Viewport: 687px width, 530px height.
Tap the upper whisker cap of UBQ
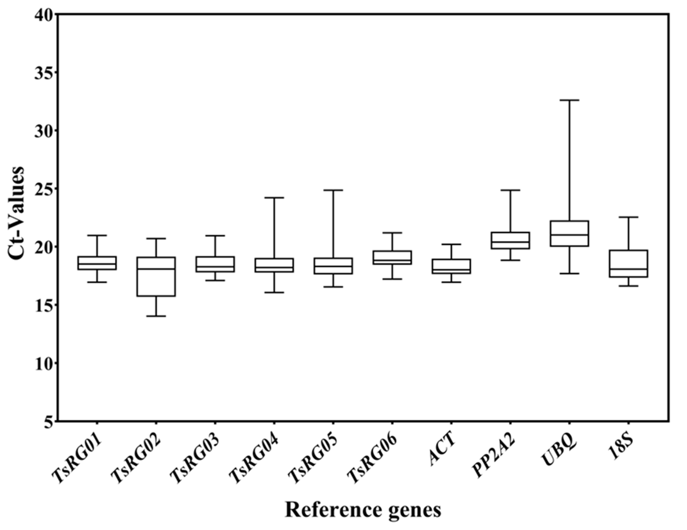[x=570, y=100]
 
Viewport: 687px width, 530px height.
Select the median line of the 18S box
[x=629, y=269]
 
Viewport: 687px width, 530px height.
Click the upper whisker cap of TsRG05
[x=333, y=190]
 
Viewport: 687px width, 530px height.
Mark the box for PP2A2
[x=510, y=241]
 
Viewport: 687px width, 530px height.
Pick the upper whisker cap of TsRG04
[x=274, y=198]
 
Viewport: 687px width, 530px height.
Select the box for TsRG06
[x=392, y=257]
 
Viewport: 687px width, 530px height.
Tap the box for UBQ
[x=570, y=233]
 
